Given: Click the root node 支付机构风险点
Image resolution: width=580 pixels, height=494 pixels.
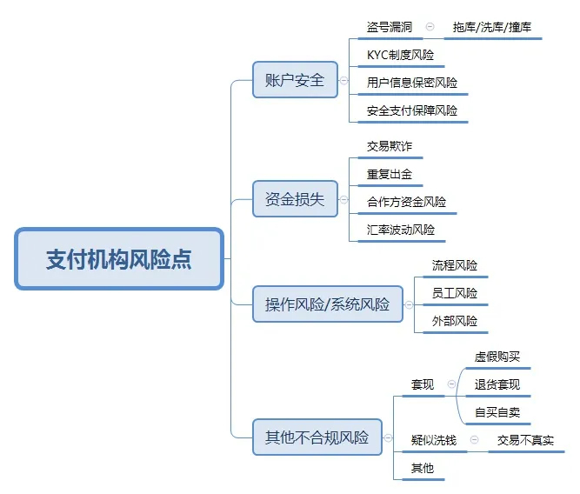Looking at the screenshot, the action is point(119,258).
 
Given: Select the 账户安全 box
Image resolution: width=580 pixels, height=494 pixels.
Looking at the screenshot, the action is point(295,80).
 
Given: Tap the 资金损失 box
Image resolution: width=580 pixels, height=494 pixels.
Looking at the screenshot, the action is point(295,199).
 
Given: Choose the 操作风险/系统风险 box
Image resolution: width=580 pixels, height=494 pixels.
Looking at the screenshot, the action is point(328,304).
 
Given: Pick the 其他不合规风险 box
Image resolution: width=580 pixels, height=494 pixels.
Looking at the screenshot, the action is point(317,437).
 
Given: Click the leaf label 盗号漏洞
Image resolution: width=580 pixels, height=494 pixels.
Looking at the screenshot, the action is point(390,27).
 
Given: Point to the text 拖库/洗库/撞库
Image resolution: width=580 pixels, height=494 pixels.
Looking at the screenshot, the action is point(492,27).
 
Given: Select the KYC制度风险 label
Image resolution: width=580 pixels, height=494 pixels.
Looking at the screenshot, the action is point(400,55).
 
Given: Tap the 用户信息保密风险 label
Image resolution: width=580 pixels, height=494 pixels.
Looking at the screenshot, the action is point(412,83).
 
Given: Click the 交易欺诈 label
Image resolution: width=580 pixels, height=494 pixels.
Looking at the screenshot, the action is point(390,146).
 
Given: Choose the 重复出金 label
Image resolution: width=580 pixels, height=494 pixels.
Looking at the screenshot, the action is point(390,174).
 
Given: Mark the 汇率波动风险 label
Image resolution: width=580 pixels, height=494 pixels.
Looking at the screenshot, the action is point(401,230).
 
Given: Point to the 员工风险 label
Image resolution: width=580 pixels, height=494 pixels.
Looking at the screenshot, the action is point(455,293).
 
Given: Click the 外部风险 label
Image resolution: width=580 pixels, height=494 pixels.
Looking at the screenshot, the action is point(455,321).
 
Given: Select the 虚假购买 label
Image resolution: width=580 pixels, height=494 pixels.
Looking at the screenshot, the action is point(497,357).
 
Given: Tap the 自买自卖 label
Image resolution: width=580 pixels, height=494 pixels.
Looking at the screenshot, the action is point(497,412).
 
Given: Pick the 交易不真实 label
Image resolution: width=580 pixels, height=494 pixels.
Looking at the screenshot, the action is point(525,440).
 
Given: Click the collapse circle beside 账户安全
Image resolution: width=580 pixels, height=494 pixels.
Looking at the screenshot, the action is point(344,80).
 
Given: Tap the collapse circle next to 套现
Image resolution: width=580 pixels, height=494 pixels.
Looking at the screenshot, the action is point(451,384).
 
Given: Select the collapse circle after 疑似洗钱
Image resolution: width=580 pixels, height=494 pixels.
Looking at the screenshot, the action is point(474,439).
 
